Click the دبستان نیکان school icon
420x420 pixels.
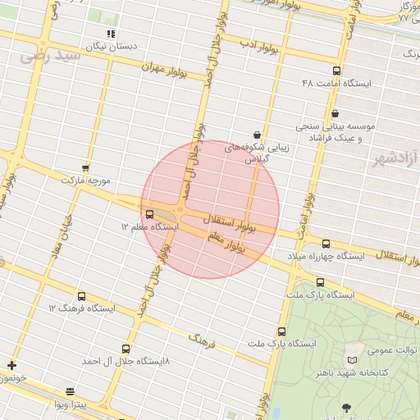tap(111, 34)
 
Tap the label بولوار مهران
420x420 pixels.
tap(176, 71)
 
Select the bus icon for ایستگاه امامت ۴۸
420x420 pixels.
tap(337, 71)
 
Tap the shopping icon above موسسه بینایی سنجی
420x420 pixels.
tap(334, 114)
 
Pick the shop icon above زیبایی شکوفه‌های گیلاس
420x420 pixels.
tap(258, 134)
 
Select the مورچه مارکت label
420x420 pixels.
tap(91, 180)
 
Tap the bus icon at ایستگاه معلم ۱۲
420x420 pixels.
tap(148, 213)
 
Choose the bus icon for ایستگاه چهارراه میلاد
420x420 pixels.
tap(326, 244)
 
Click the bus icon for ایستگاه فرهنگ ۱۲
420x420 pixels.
tap(81, 296)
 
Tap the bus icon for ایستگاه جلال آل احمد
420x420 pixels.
tap(126, 349)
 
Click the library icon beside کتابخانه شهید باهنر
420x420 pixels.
tap(353, 360)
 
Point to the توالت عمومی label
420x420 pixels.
tap(392, 350)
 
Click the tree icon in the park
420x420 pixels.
tap(346, 408)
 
